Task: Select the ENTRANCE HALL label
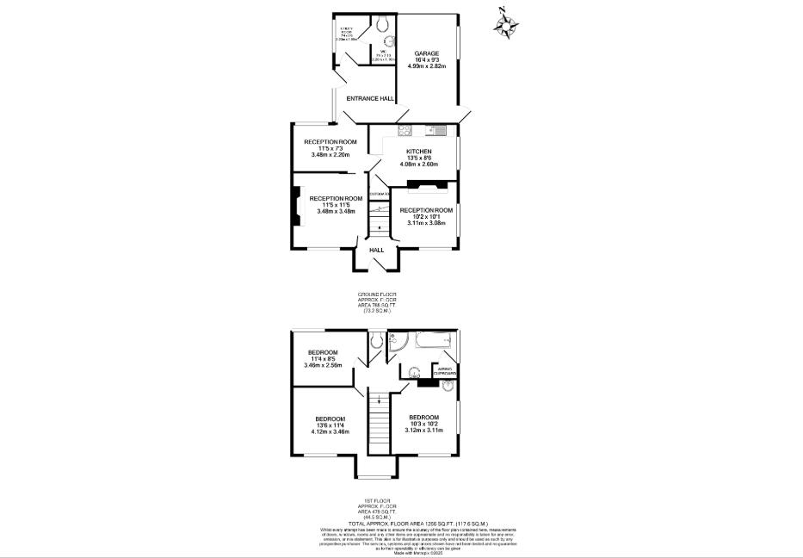[370, 99]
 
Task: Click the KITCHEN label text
[419, 151]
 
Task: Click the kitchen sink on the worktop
[436, 131]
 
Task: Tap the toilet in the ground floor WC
[384, 22]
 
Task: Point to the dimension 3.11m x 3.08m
[426, 223]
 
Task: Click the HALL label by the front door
[377, 250]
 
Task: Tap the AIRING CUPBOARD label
[445, 371]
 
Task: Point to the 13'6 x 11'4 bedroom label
[330, 425]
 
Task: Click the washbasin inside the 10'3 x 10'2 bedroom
[446, 387]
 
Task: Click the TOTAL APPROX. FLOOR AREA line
[418, 523]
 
